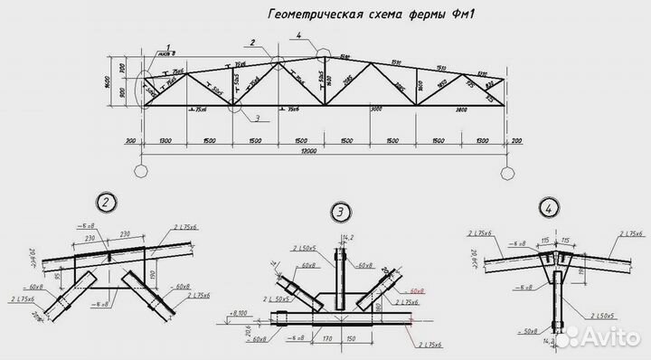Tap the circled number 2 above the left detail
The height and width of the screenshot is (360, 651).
click(x=107, y=202)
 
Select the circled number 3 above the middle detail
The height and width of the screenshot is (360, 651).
click(x=340, y=213)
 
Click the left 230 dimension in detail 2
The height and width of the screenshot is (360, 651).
click(x=92, y=238)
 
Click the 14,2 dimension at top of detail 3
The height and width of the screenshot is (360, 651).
click(x=346, y=239)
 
